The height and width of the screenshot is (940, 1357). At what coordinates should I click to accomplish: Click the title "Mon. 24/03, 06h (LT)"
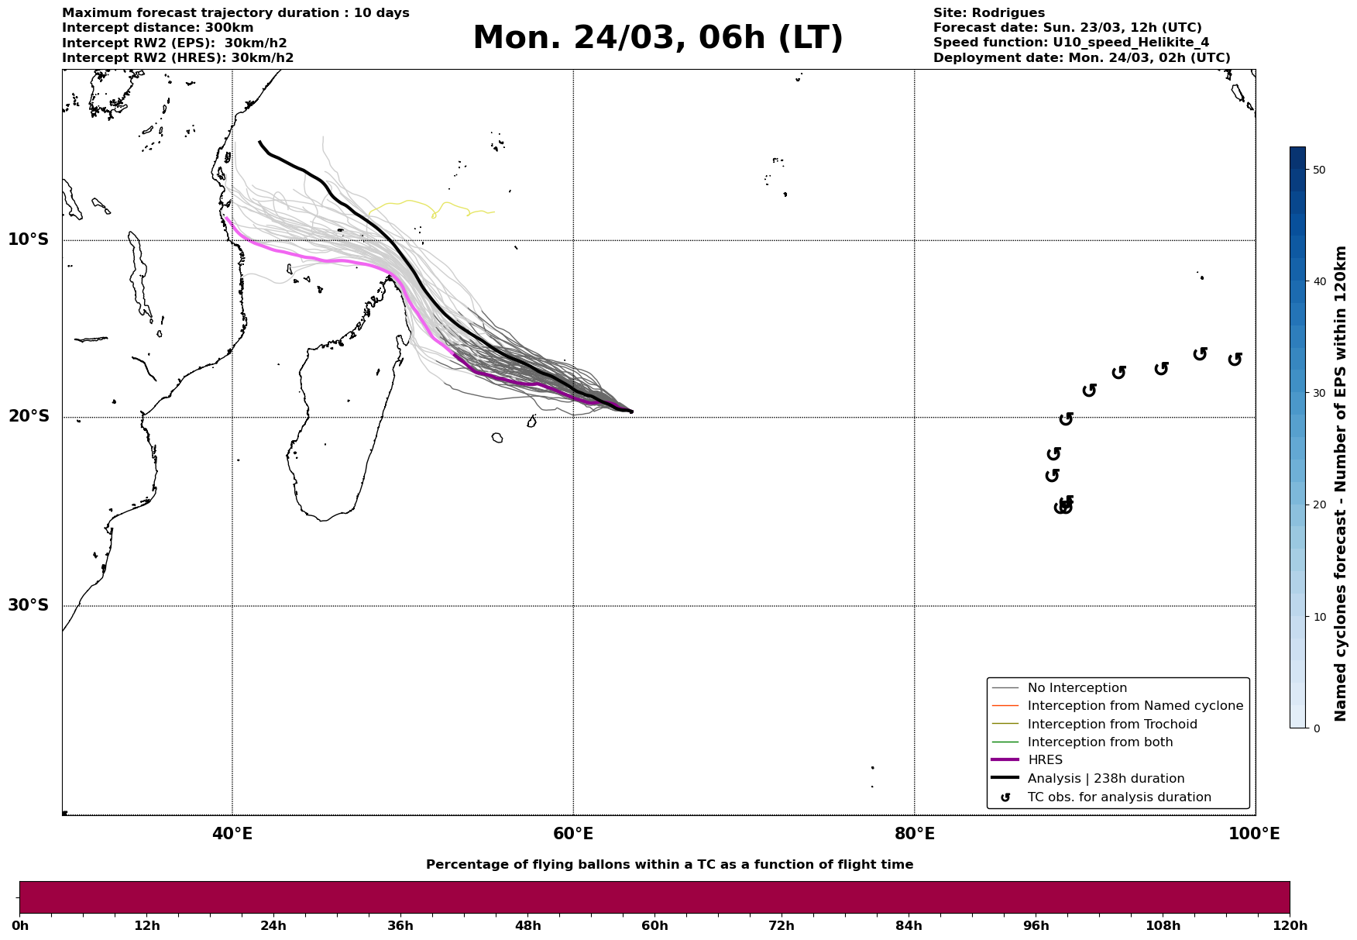[657, 38]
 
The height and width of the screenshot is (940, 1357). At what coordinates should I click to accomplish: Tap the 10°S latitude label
[29, 239]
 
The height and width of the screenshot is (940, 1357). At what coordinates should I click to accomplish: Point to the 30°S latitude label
[29, 605]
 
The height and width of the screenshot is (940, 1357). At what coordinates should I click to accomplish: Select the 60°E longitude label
[573, 835]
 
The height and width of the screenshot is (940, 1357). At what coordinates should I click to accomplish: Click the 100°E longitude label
[1254, 835]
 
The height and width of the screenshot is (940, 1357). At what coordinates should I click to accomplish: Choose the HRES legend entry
[1045, 760]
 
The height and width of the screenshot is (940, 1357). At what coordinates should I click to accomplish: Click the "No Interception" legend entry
[1077, 688]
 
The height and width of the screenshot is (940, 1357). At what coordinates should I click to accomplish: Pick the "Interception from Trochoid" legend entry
[1111, 725]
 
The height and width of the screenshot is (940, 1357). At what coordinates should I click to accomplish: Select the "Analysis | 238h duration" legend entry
[1105, 779]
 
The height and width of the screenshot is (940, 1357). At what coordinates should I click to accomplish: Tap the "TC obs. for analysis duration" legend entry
[1118, 797]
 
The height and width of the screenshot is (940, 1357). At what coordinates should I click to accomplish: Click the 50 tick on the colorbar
[1321, 170]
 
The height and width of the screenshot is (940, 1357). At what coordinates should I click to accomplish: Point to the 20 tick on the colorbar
[1321, 505]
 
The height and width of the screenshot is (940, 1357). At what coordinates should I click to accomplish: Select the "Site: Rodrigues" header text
[988, 13]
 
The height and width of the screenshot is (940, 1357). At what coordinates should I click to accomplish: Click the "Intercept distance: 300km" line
[157, 28]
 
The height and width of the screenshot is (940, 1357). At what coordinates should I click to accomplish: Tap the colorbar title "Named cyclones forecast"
[1341, 484]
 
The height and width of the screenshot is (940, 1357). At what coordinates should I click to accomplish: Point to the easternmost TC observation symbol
[1235, 359]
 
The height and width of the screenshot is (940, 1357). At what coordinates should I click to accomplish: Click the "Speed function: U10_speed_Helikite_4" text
[1070, 43]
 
